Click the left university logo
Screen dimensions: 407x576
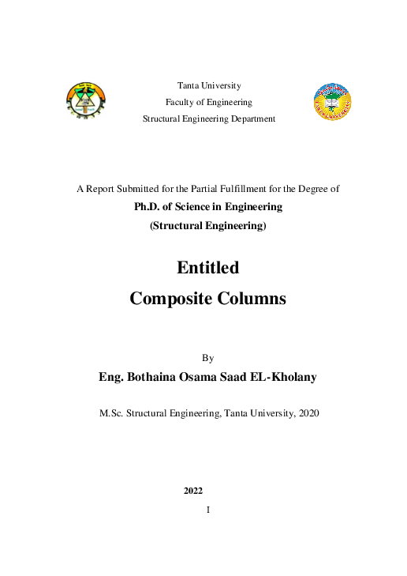[85, 101]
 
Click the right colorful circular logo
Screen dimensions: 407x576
[332, 102]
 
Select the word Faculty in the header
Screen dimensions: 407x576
[179, 102]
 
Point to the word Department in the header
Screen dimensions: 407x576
[248, 119]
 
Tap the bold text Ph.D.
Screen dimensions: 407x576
[150, 206]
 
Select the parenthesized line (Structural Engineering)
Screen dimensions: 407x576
[208, 226]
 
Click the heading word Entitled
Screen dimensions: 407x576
[208, 268]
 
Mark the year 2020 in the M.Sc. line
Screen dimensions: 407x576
[306, 413]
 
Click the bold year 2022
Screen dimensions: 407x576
[193, 491]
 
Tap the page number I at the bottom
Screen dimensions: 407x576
[208, 510]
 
